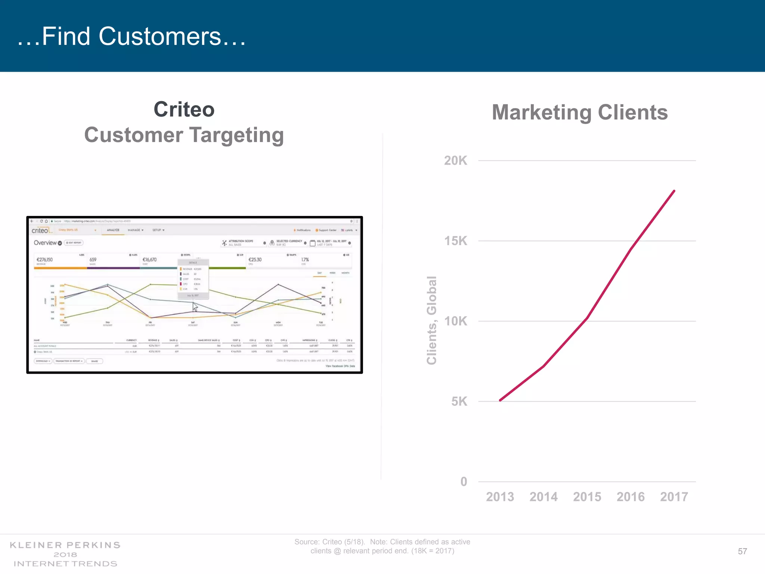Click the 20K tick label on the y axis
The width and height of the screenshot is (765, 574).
click(x=455, y=161)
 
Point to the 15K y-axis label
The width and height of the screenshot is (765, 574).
click(x=455, y=241)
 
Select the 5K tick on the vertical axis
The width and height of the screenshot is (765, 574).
click(x=459, y=401)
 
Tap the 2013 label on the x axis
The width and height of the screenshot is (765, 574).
click(x=500, y=497)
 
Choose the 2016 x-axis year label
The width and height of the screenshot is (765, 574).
click(x=631, y=497)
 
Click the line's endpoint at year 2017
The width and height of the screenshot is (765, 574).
click(x=674, y=191)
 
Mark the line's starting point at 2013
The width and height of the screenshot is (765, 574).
click(x=500, y=400)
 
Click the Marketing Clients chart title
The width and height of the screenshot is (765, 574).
click(x=580, y=112)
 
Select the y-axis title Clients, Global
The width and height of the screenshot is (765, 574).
click(x=432, y=320)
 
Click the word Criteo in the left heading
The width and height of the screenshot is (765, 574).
click(x=184, y=109)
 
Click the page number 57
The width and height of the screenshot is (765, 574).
click(x=742, y=551)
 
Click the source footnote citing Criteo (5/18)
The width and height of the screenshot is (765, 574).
click(x=382, y=546)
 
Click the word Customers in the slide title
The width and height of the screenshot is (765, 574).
click(x=160, y=36)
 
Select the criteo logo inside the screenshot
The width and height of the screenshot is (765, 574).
click(x=41, y=230)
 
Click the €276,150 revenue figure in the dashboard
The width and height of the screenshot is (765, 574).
click(x=44, y=259)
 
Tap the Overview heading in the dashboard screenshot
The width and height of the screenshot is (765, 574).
click(x=45, y=243)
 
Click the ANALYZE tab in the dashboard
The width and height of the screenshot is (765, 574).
click(x=113, y=230)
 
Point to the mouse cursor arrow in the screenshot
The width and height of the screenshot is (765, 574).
click(x=195, y=307)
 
